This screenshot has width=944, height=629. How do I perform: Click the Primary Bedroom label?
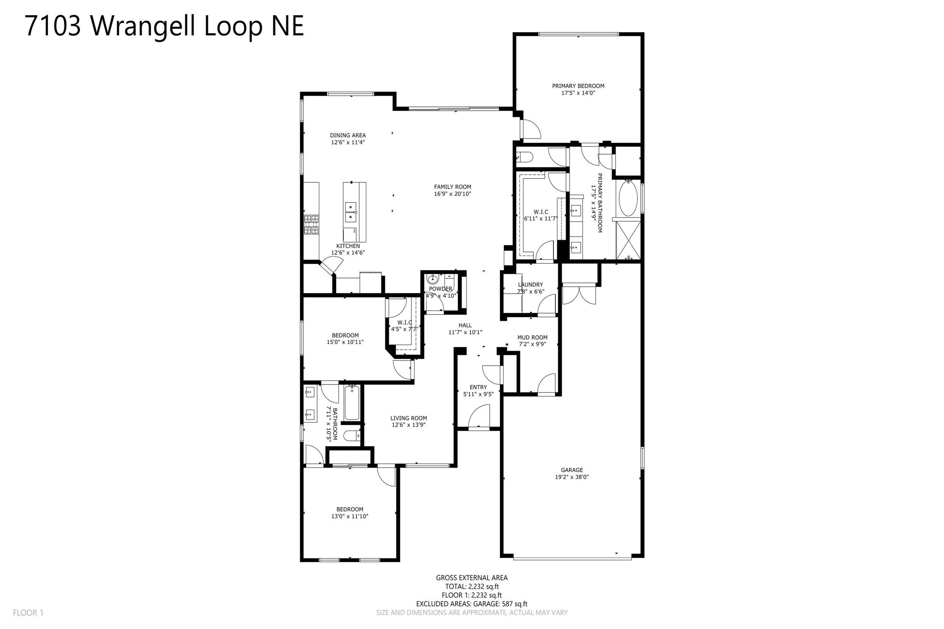pos(578,86)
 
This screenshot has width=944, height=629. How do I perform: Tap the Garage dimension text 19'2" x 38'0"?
pos(572,477)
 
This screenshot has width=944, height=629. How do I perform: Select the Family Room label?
pos(452,187)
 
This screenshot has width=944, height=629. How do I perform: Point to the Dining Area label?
pos(348,135)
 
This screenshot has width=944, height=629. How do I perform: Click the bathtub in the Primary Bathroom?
pos(627,198)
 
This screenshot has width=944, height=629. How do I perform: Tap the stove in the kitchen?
pos(311,225)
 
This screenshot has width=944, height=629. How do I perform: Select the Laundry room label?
pos(530,285)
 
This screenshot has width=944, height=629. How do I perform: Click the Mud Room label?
pos(532,337)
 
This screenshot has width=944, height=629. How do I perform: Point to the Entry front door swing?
pos(479,416)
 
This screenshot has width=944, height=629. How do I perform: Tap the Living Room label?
pos(408,418)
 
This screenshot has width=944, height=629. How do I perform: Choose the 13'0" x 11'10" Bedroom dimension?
pos(350,516)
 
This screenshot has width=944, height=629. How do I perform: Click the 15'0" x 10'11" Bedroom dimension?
pos(345,342)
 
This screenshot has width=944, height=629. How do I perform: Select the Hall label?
pos(465,325)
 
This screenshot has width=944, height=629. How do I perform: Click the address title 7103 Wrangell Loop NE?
pos(164,26)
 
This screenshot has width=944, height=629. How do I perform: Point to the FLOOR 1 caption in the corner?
pos(28,613)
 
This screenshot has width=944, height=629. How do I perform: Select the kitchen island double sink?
pos(351,212)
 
